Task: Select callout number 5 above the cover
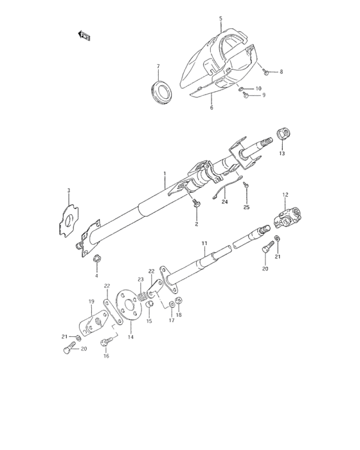[221, 19]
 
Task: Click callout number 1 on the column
[165, 174]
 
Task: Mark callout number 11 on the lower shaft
[204, 242]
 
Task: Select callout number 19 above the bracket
[91, 301]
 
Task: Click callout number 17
[172, 319]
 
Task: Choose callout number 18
[179, 315]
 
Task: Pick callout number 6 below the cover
[211, 108]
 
